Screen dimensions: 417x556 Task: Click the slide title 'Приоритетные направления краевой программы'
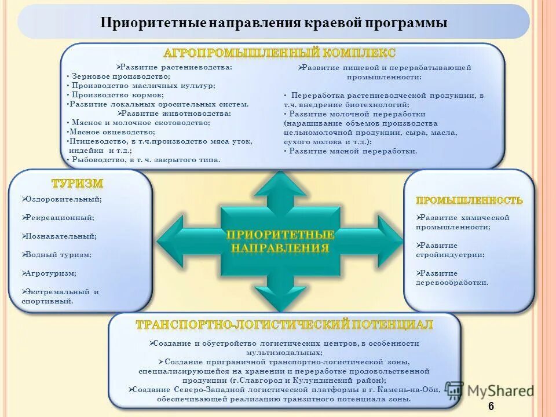(273, 23)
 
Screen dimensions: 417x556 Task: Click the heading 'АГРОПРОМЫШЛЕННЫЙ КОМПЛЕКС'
(280, 53)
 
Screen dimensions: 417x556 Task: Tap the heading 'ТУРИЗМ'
(78, 184)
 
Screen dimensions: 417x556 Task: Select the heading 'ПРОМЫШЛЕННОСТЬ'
(469, 200)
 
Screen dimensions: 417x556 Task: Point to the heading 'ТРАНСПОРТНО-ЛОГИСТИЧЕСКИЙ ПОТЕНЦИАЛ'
(284, 324)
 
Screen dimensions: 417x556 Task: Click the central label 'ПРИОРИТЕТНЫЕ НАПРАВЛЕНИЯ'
(280, 242)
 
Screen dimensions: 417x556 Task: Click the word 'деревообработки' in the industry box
(452, 283)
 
